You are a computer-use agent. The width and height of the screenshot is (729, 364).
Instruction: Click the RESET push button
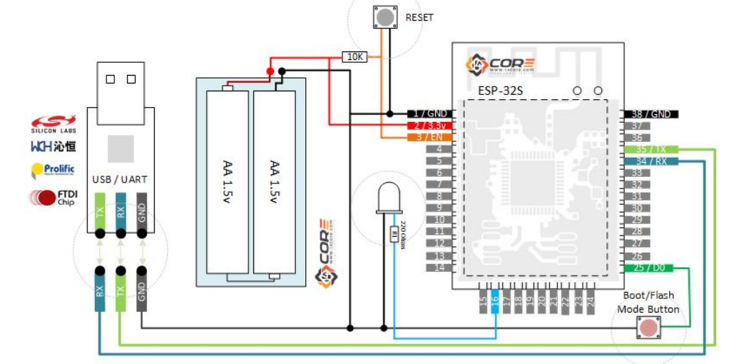pyautogui.click(x=384, y=16)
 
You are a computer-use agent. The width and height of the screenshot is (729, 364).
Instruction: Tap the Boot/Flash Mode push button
pyautogui.click(x=648, y=328)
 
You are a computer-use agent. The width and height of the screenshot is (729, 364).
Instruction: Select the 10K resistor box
pyautogui.click(x=355, y=56)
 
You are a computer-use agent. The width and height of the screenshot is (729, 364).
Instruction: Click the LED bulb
pyautogui.click(x=389, y=197)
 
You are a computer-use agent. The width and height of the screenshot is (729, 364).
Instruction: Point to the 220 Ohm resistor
pyautogui.click(x=394, y=233)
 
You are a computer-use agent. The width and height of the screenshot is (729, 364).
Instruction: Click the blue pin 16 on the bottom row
pyautogui.click(x=495, y=303)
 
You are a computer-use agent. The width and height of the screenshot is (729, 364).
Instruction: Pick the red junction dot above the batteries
pyautogui.click(x=270, y=71)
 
